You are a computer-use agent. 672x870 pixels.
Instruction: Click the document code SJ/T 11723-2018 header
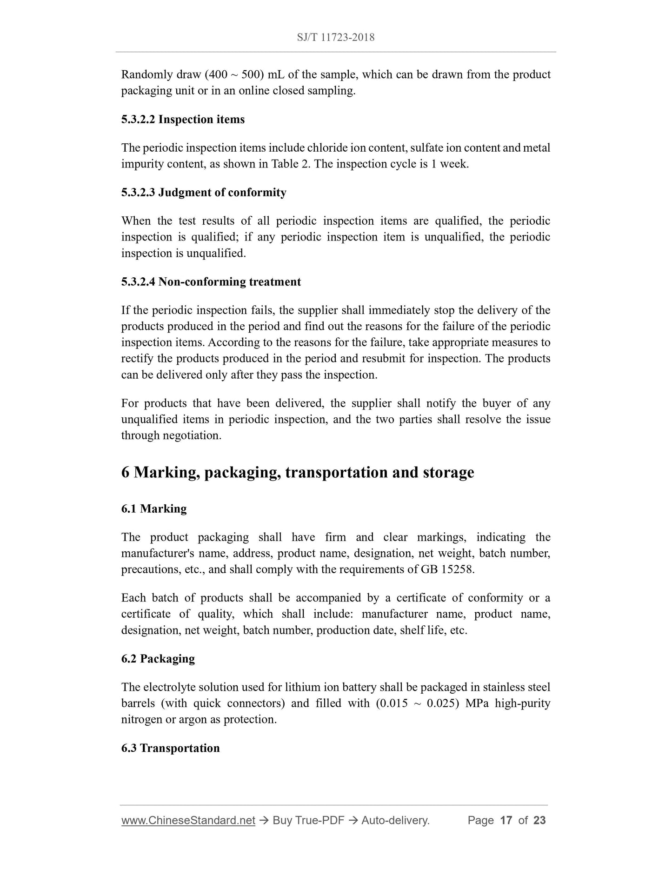(335, 37)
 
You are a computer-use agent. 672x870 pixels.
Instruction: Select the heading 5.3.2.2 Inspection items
(183, 120)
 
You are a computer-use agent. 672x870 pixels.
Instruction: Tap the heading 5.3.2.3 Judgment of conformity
(204, 193)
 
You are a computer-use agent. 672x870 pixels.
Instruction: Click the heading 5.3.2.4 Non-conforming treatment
(211, 282)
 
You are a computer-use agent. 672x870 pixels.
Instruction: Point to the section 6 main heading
(298, 472)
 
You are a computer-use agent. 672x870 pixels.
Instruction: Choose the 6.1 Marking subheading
(154, 509)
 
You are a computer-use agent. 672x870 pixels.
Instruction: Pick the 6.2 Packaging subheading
(158, 659)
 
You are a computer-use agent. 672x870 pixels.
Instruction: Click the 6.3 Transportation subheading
(170, 748)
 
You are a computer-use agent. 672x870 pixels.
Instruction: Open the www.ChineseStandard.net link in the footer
(188, 820)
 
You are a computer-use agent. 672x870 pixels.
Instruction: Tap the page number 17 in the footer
(506, 820)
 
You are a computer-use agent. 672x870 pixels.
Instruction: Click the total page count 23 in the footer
(539, 820)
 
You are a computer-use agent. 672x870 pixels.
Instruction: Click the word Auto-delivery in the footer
(395, 820)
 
